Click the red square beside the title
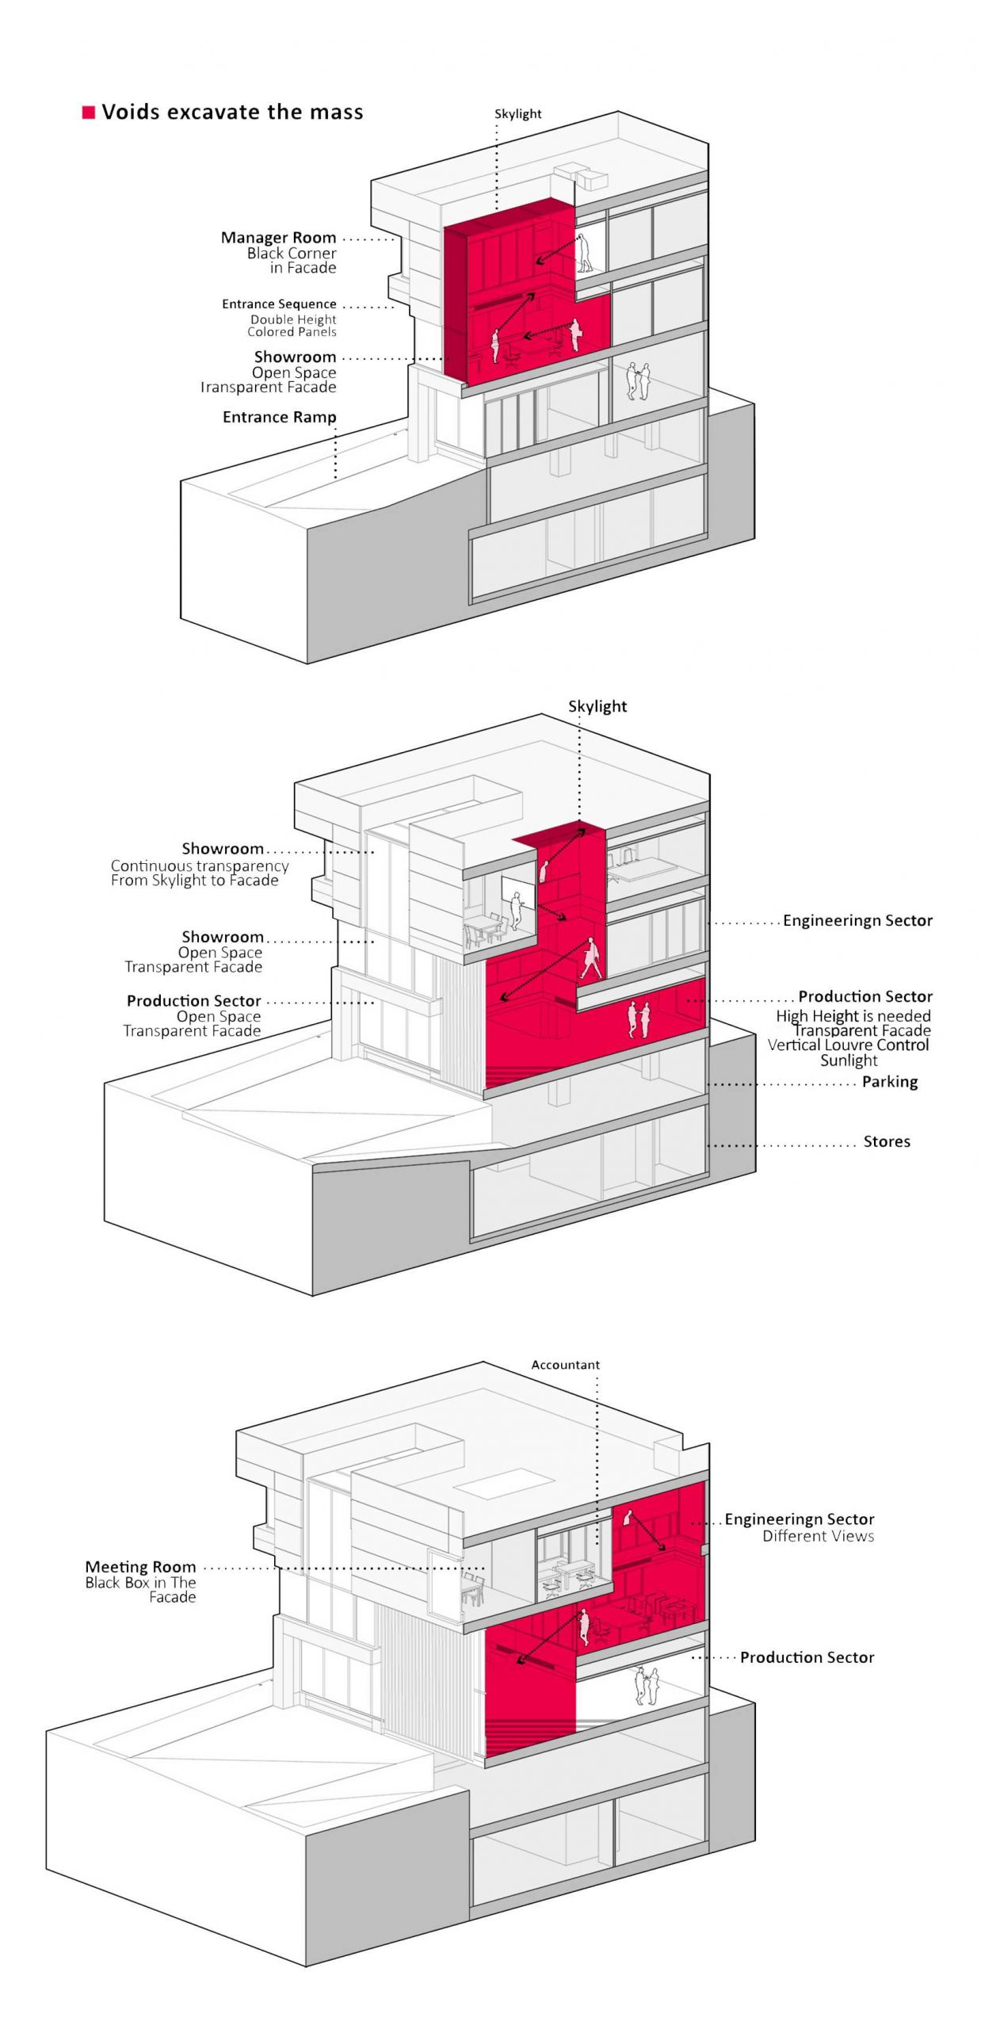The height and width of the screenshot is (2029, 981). pos(89,113)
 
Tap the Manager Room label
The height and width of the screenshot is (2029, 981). pos(278,238)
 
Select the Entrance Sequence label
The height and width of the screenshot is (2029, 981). pos(279,304)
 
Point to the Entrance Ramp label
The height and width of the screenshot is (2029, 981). pos(280,418)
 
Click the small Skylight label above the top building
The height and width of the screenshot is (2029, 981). pos(518,114)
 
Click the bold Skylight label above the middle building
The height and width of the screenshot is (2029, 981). pos(597,707)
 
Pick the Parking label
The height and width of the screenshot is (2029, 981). pos(890,1082)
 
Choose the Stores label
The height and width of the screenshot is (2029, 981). pos(887,1142)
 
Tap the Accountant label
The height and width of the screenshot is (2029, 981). pos(566,1365)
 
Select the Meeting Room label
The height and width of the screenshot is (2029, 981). pos(140,1568)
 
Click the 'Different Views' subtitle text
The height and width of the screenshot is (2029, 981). pos(819,1537)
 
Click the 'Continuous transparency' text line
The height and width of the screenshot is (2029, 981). pos(200,866)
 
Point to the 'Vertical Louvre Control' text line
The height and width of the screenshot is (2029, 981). pos(848,1045)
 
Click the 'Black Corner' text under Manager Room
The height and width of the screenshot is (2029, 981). pos(292,254)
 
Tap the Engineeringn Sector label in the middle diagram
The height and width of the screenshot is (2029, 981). pos(858,921)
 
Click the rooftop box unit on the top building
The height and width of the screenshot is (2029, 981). pos(581,175)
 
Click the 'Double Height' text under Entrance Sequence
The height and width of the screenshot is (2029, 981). pos(293,319)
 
